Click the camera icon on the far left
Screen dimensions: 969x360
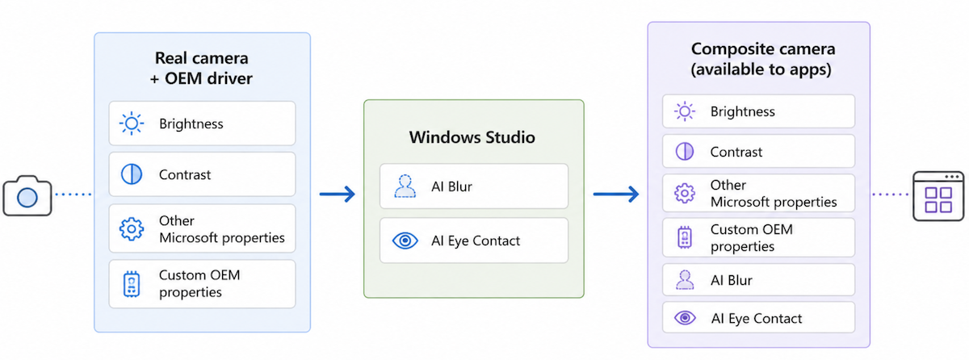coord(27,195)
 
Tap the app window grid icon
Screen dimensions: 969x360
coord(938,196)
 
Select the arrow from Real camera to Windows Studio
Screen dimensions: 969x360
coord(338,194)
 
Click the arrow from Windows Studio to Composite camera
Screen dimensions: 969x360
coord(616,194)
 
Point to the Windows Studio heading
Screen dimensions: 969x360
coord(472,137)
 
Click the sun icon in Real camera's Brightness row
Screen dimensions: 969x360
coord(132,123)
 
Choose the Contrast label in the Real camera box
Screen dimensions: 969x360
coord(185,174)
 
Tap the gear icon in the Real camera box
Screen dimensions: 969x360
coord(132,229)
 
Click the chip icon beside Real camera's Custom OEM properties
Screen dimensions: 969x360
coord(132,284)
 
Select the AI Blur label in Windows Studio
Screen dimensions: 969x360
coord(451,186)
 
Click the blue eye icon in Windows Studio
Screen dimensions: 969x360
coord(405,241)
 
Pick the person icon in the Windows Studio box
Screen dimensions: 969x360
coord(405,186)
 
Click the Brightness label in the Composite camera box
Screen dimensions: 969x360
coord(742,111)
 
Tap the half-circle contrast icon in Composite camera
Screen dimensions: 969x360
coord(685,152)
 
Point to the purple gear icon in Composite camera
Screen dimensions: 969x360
coord(685,193)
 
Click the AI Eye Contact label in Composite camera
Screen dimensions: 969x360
coord(757,319)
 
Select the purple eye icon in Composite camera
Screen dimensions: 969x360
coord(685,318)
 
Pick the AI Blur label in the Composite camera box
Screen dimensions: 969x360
coord(732,280)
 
